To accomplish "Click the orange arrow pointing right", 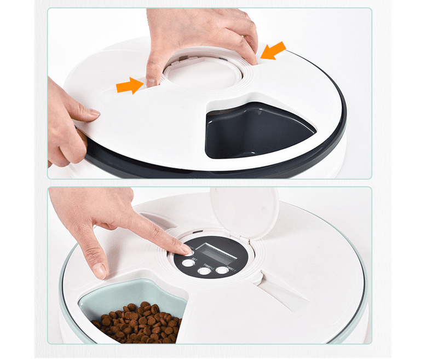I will [129, 85].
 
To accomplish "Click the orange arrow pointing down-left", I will [273, 51].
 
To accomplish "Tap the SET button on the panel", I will [188, 263].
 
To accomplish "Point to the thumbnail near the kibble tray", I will [99, 270].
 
